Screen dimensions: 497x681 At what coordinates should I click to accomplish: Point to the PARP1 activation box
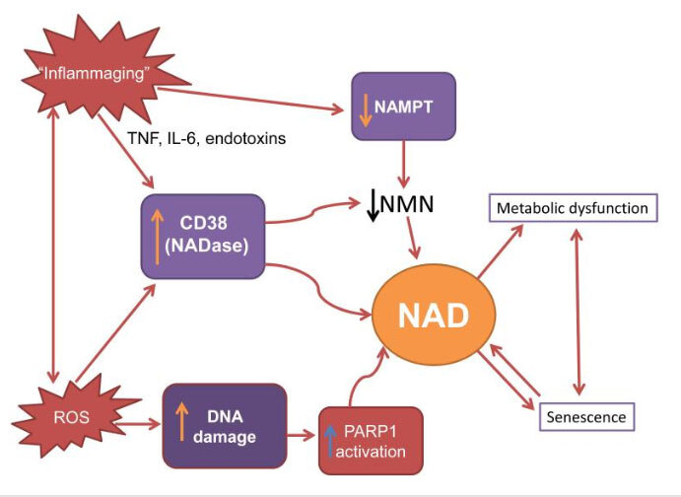(370, 440)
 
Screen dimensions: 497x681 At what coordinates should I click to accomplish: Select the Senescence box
(585, 417)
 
